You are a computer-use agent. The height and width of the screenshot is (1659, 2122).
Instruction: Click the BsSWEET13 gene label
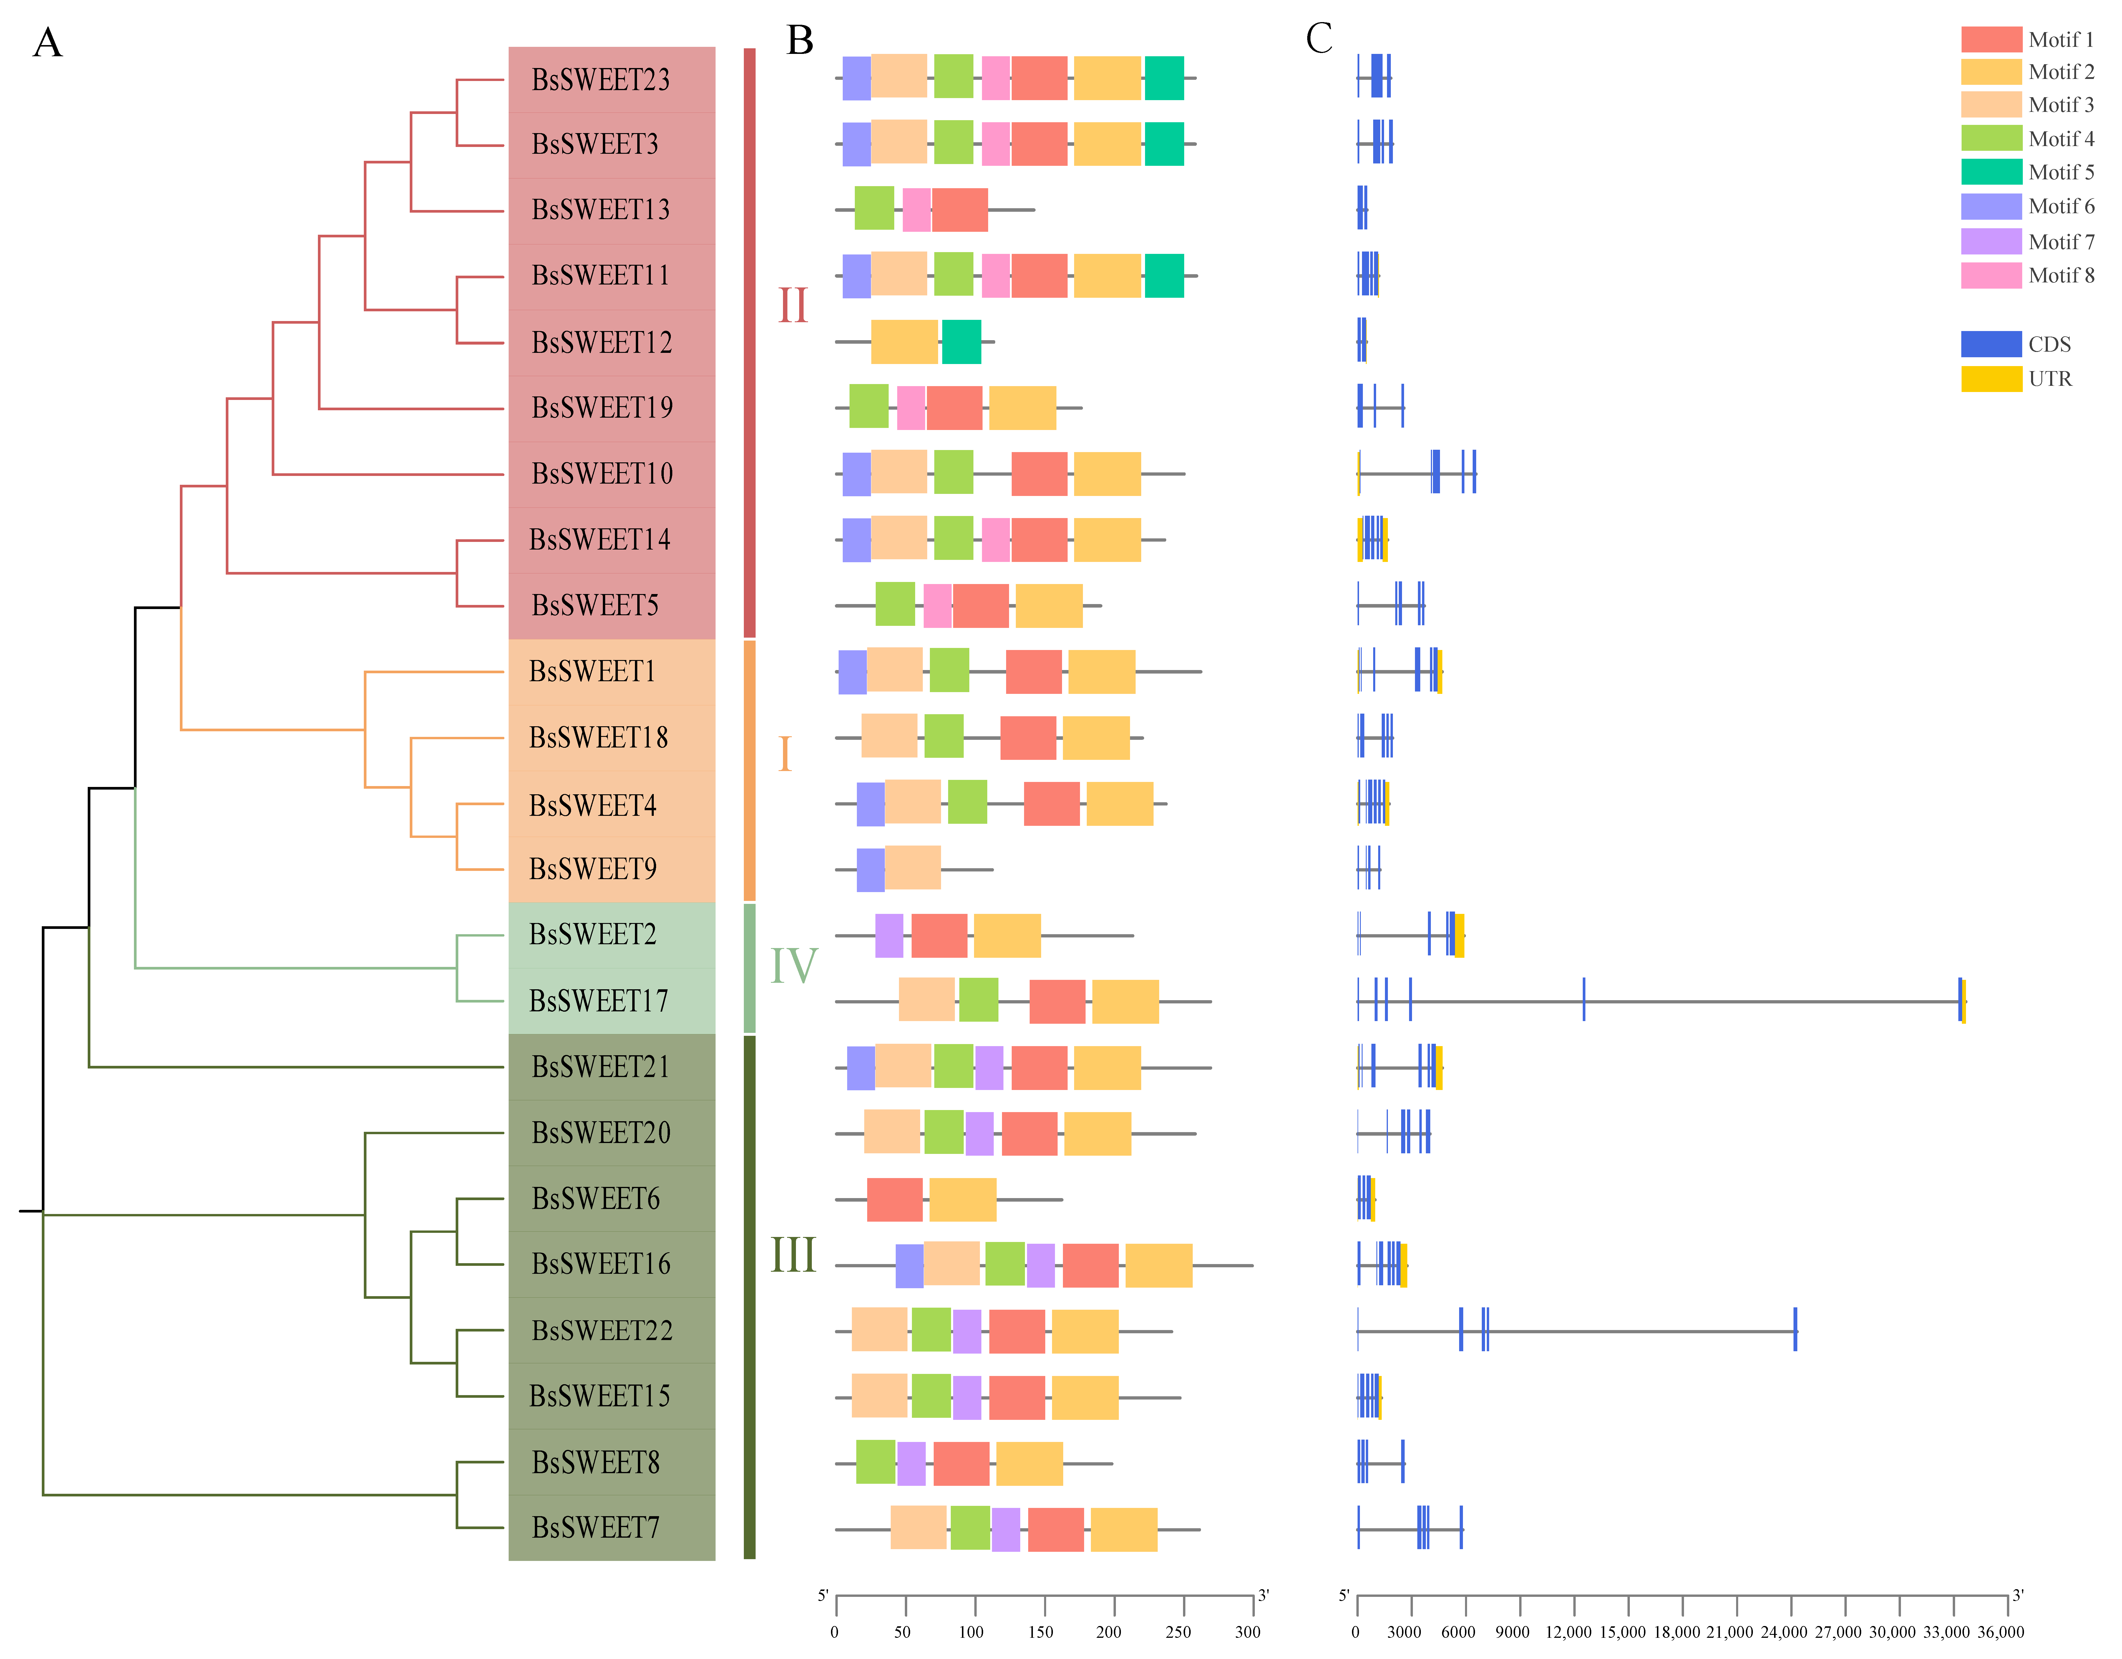[600, 210]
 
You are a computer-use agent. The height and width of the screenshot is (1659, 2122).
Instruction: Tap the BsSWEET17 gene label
[598, 1001]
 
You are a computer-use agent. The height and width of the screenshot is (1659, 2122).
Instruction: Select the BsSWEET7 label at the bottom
[595, 1528]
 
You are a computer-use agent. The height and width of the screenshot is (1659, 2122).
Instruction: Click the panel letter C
[1318, 39]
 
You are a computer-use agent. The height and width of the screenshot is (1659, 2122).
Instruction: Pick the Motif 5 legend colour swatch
[1991, 172]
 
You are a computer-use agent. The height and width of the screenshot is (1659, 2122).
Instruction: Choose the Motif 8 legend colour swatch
[1991, 275]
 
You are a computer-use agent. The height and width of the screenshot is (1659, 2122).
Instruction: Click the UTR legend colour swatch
[1991, 378]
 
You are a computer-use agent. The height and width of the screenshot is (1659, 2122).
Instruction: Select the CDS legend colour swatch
[1991, 344]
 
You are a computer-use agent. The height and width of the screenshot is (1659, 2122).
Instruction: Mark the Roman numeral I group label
[785, 754]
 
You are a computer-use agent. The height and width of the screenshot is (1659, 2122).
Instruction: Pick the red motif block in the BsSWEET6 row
[894, 1199]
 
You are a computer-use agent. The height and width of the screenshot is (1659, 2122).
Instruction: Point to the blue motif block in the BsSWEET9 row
[871, 870]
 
